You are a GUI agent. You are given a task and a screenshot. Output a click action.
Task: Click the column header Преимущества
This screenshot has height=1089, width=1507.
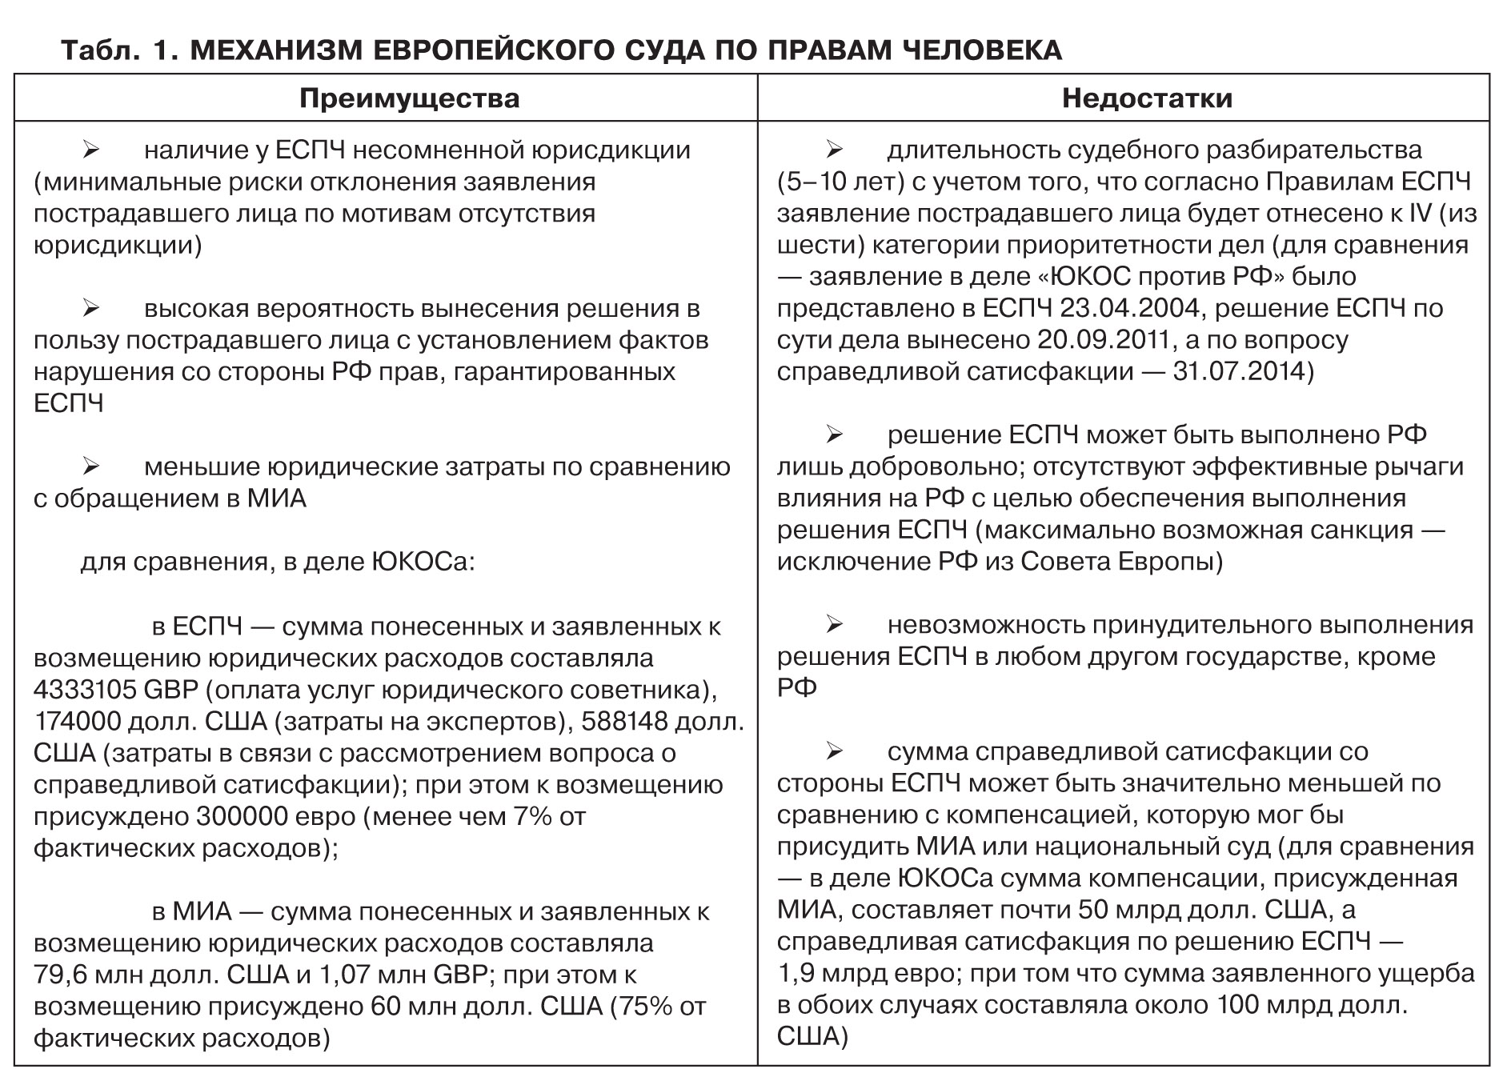pos(409,98)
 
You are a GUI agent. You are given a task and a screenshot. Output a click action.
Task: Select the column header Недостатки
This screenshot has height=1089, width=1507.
pos(1147,98)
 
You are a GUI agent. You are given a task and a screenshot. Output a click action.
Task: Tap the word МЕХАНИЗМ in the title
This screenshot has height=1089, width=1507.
pos(275,50)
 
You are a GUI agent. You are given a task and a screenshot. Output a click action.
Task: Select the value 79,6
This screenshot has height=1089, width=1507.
pos(58,975)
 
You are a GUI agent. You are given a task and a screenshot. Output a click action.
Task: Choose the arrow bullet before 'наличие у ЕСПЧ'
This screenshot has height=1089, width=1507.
pos(90,150)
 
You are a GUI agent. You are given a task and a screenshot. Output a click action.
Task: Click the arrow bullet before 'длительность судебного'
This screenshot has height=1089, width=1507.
pos(834,150)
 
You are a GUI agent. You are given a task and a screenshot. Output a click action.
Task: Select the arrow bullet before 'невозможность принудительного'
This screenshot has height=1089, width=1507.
pos(834,625)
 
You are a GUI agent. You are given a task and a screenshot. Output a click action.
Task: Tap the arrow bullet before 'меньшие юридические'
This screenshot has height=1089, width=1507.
pos(90,466)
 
